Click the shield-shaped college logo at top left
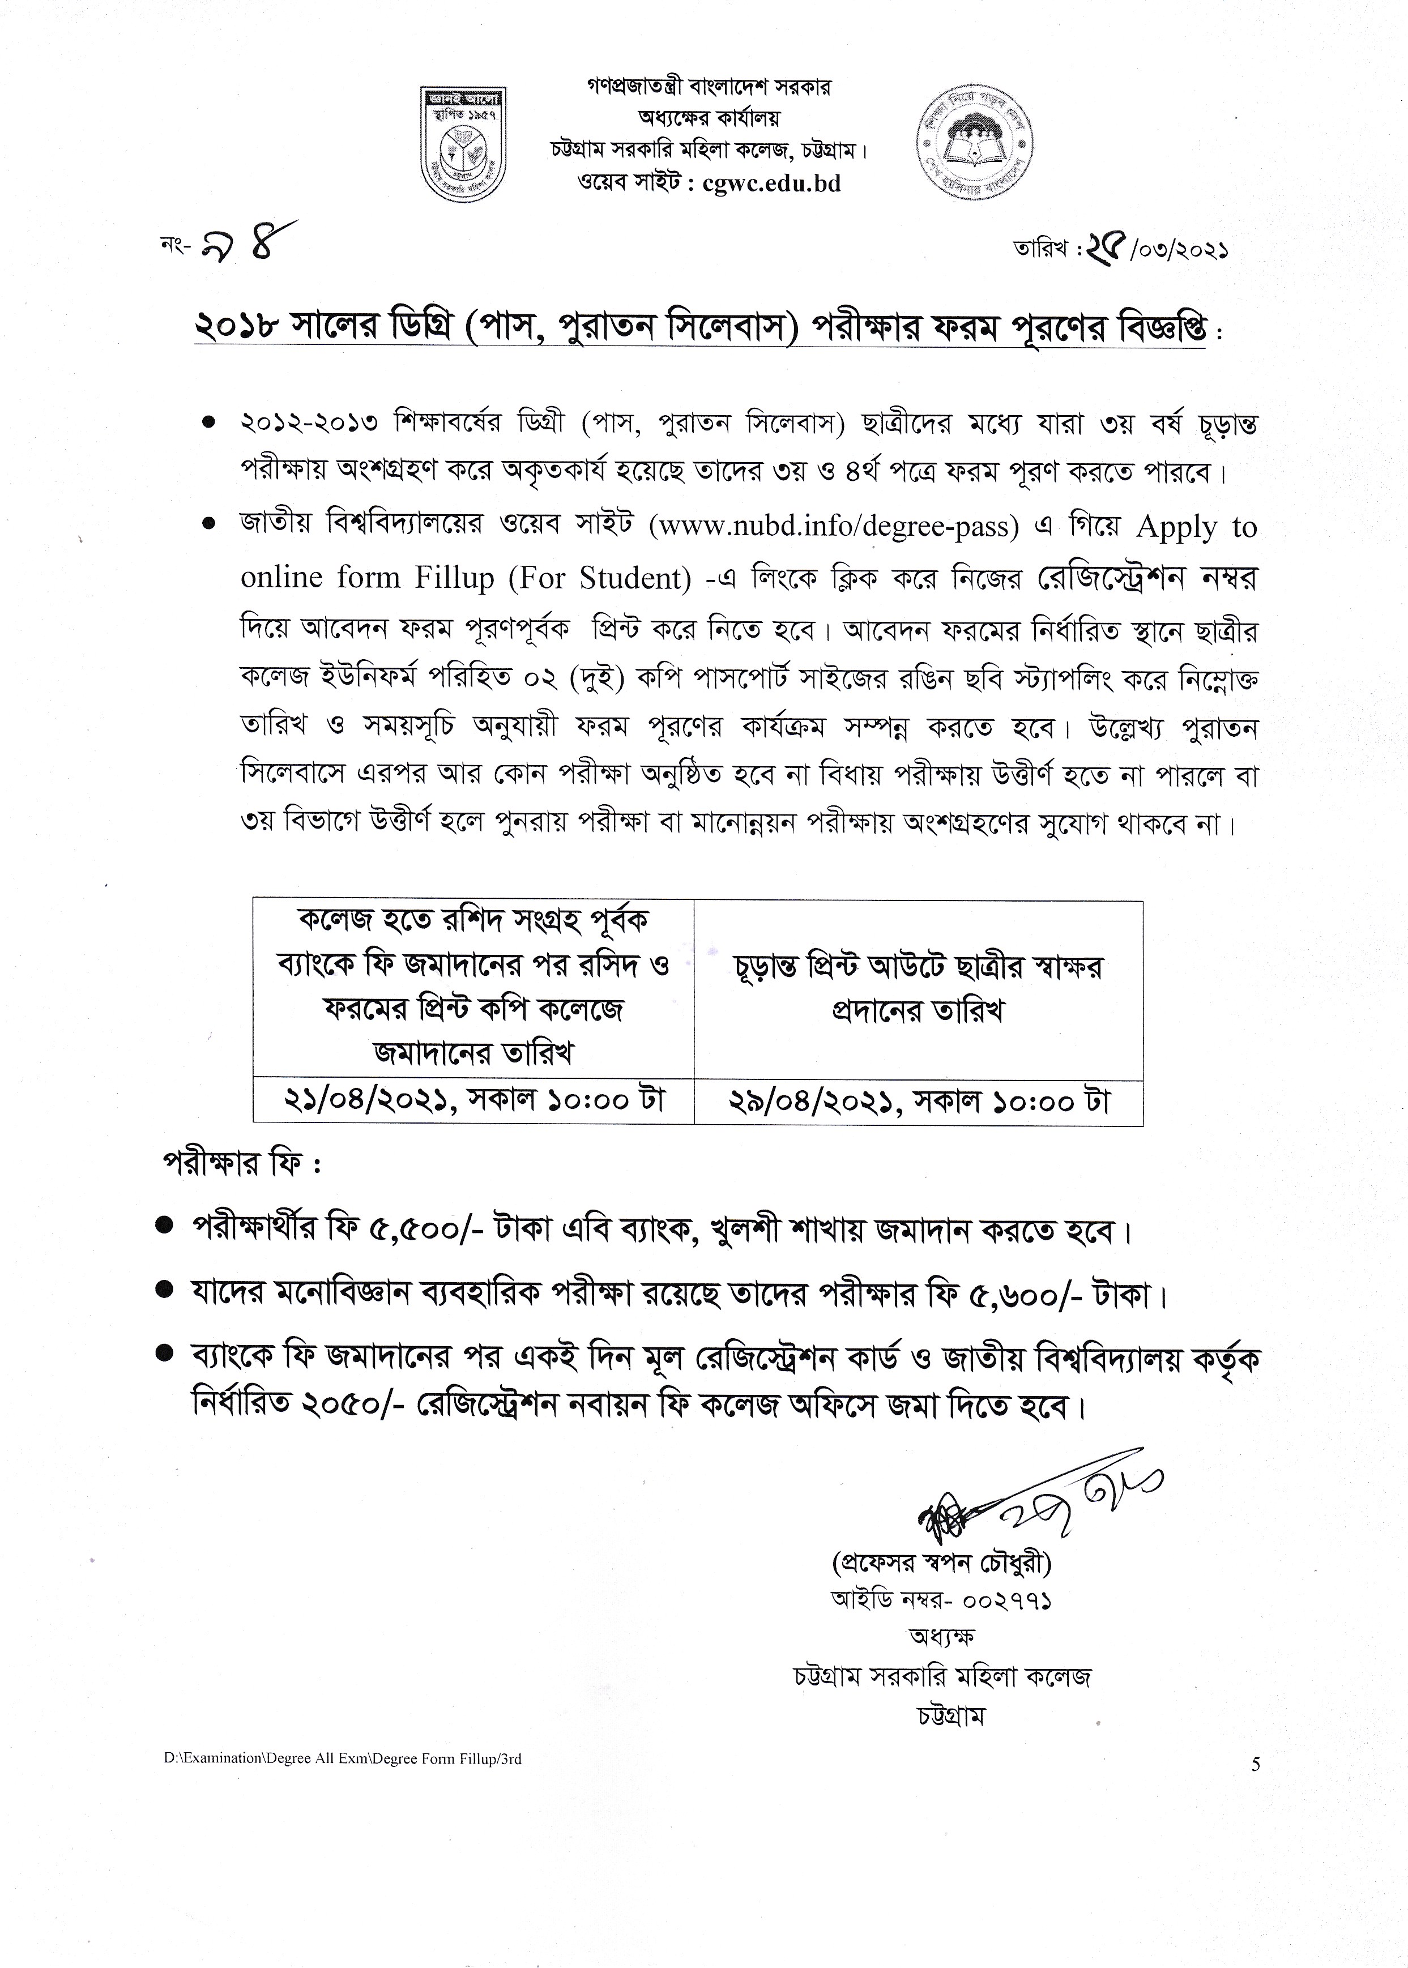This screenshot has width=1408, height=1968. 464,142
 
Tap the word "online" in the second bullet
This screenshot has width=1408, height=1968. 283,578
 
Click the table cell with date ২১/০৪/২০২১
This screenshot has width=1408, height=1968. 473,1101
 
